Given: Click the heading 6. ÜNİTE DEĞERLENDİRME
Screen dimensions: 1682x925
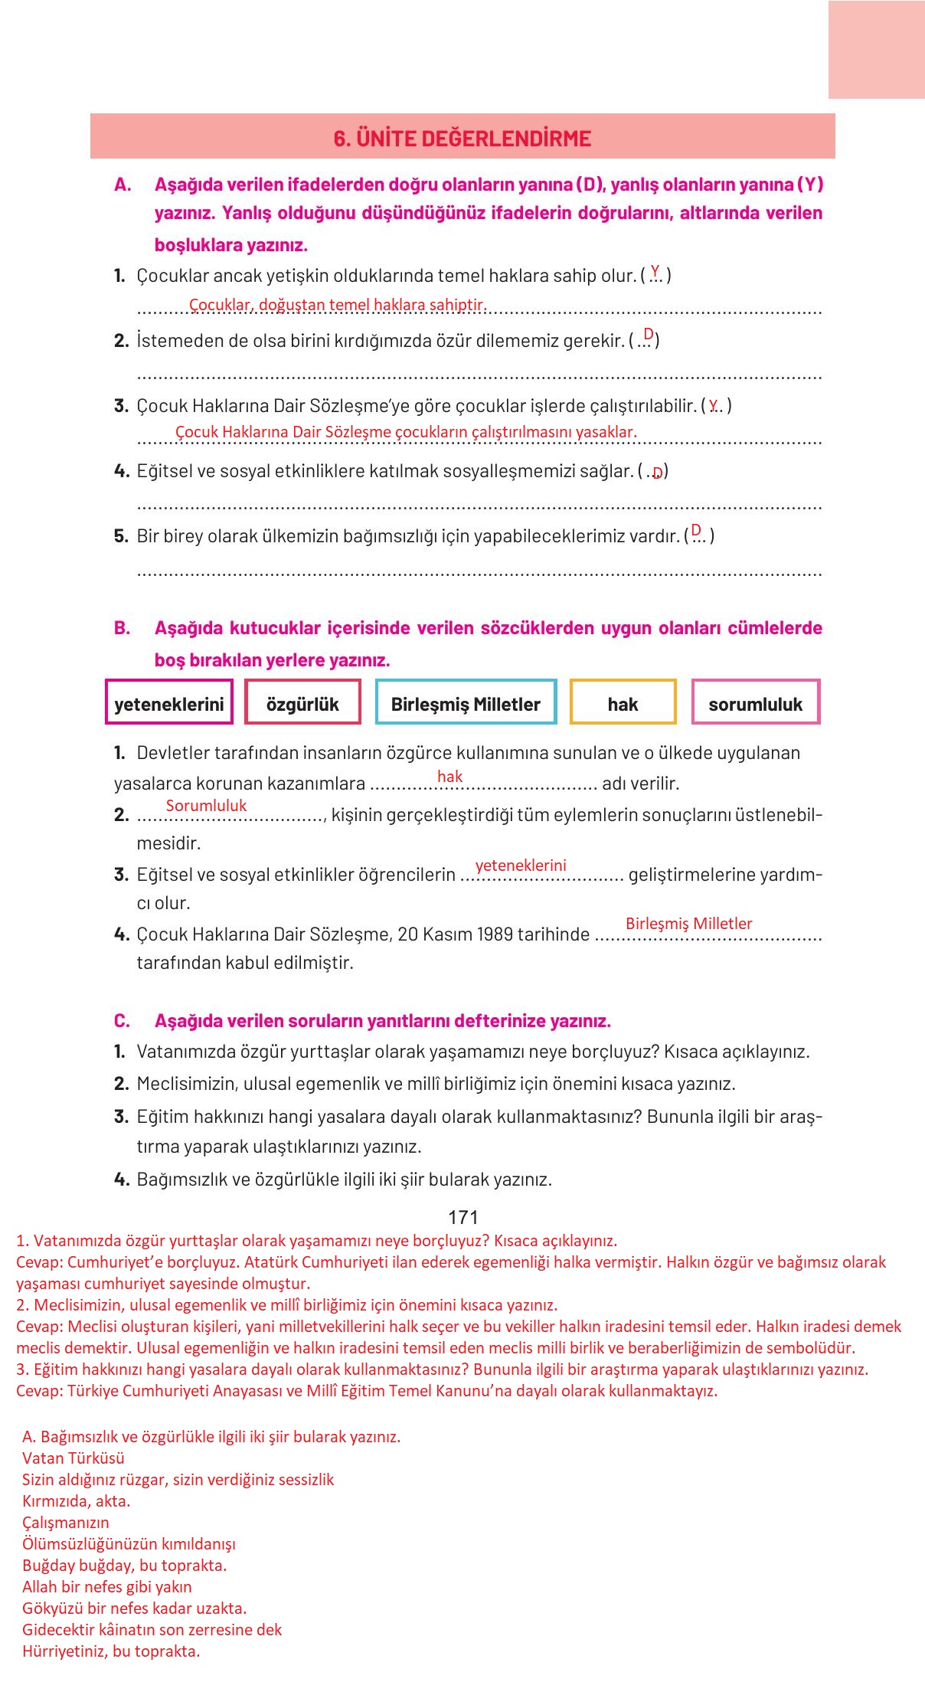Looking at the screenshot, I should coord(462,139).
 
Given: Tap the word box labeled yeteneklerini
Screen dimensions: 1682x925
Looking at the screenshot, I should coord(169,703).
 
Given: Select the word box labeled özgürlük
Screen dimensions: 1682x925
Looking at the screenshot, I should coord(302,703).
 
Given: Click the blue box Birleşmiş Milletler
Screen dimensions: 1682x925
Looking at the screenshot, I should coord(466,703).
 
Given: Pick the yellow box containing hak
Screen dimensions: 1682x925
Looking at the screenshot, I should coord(623,703).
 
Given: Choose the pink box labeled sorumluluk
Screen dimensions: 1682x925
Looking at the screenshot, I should coord(755,703).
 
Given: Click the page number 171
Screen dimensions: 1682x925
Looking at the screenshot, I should coord(462,1218).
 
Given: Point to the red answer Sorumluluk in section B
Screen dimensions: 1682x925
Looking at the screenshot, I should coord(206,806).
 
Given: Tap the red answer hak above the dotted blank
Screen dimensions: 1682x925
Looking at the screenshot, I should coord(449,777).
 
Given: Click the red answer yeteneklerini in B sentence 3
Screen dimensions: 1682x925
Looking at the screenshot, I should coord(521,866).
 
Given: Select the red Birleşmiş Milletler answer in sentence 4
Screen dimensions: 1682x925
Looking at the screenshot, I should coord(688,924).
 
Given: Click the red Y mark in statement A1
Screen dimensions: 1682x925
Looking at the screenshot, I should coord(655,270).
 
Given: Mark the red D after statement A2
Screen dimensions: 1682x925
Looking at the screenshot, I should coord(649,334).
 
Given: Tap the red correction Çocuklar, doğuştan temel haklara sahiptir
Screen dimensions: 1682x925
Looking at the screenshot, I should coord(338,305).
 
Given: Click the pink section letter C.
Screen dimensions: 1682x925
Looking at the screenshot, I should coord(122,1021).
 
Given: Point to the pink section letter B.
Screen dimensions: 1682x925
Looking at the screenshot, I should coord(122,628).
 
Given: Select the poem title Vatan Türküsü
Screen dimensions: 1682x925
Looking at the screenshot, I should coord(74,1458).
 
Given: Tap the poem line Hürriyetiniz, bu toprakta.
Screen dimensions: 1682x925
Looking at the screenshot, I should coord(111,1651).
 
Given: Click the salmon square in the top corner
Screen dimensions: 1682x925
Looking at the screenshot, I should coord(876,50).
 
